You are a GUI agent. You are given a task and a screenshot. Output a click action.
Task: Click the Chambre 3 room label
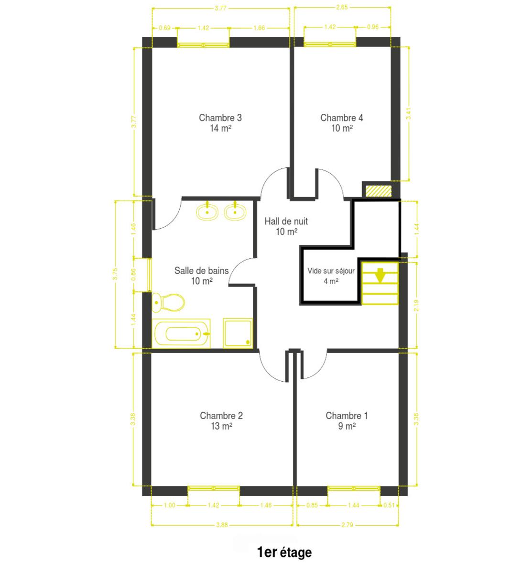click(220, 118)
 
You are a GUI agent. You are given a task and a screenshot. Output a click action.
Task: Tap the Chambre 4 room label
click(341, 118)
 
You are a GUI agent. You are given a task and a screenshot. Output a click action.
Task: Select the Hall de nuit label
click(286, 221)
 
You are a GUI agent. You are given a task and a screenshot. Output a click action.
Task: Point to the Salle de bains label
click(201, 271)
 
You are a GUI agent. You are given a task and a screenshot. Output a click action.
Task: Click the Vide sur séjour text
click(331, 271)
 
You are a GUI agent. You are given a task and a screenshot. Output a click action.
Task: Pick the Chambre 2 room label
click(221, 416)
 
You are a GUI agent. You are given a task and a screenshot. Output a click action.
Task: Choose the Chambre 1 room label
click(347, 416)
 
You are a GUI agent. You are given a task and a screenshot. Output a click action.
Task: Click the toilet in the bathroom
click(168, 302)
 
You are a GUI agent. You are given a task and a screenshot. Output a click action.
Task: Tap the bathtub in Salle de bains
click(181, 333)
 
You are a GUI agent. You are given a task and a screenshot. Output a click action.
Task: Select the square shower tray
click(238, 333)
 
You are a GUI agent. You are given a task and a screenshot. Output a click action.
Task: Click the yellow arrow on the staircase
click(380, 275)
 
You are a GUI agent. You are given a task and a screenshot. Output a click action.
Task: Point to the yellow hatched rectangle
click(379, 191)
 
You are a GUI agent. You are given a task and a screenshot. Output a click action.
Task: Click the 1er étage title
click(284, 552)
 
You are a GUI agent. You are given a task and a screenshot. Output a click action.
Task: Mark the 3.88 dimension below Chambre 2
click(222, 525)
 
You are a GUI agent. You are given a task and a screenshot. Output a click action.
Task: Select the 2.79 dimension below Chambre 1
click(347, 525)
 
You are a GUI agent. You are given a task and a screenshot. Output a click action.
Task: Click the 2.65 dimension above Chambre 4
click(342, 7)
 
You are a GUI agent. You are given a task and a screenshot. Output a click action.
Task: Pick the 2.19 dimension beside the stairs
click(416, 306)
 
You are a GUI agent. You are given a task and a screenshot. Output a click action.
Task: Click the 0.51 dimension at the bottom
click(389, 505)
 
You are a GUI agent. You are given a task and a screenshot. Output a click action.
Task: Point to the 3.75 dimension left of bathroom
click(115, 274)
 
